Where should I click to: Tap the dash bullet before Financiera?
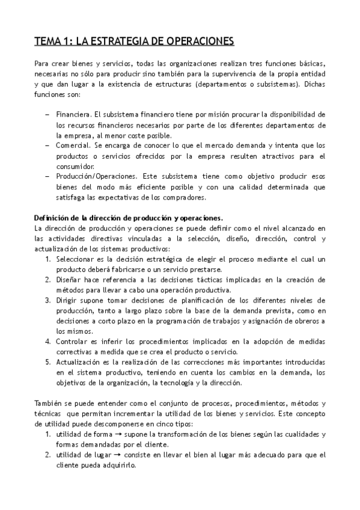click(47, 114)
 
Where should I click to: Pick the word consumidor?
click(75, 166)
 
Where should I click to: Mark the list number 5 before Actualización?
click(47, 363)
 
